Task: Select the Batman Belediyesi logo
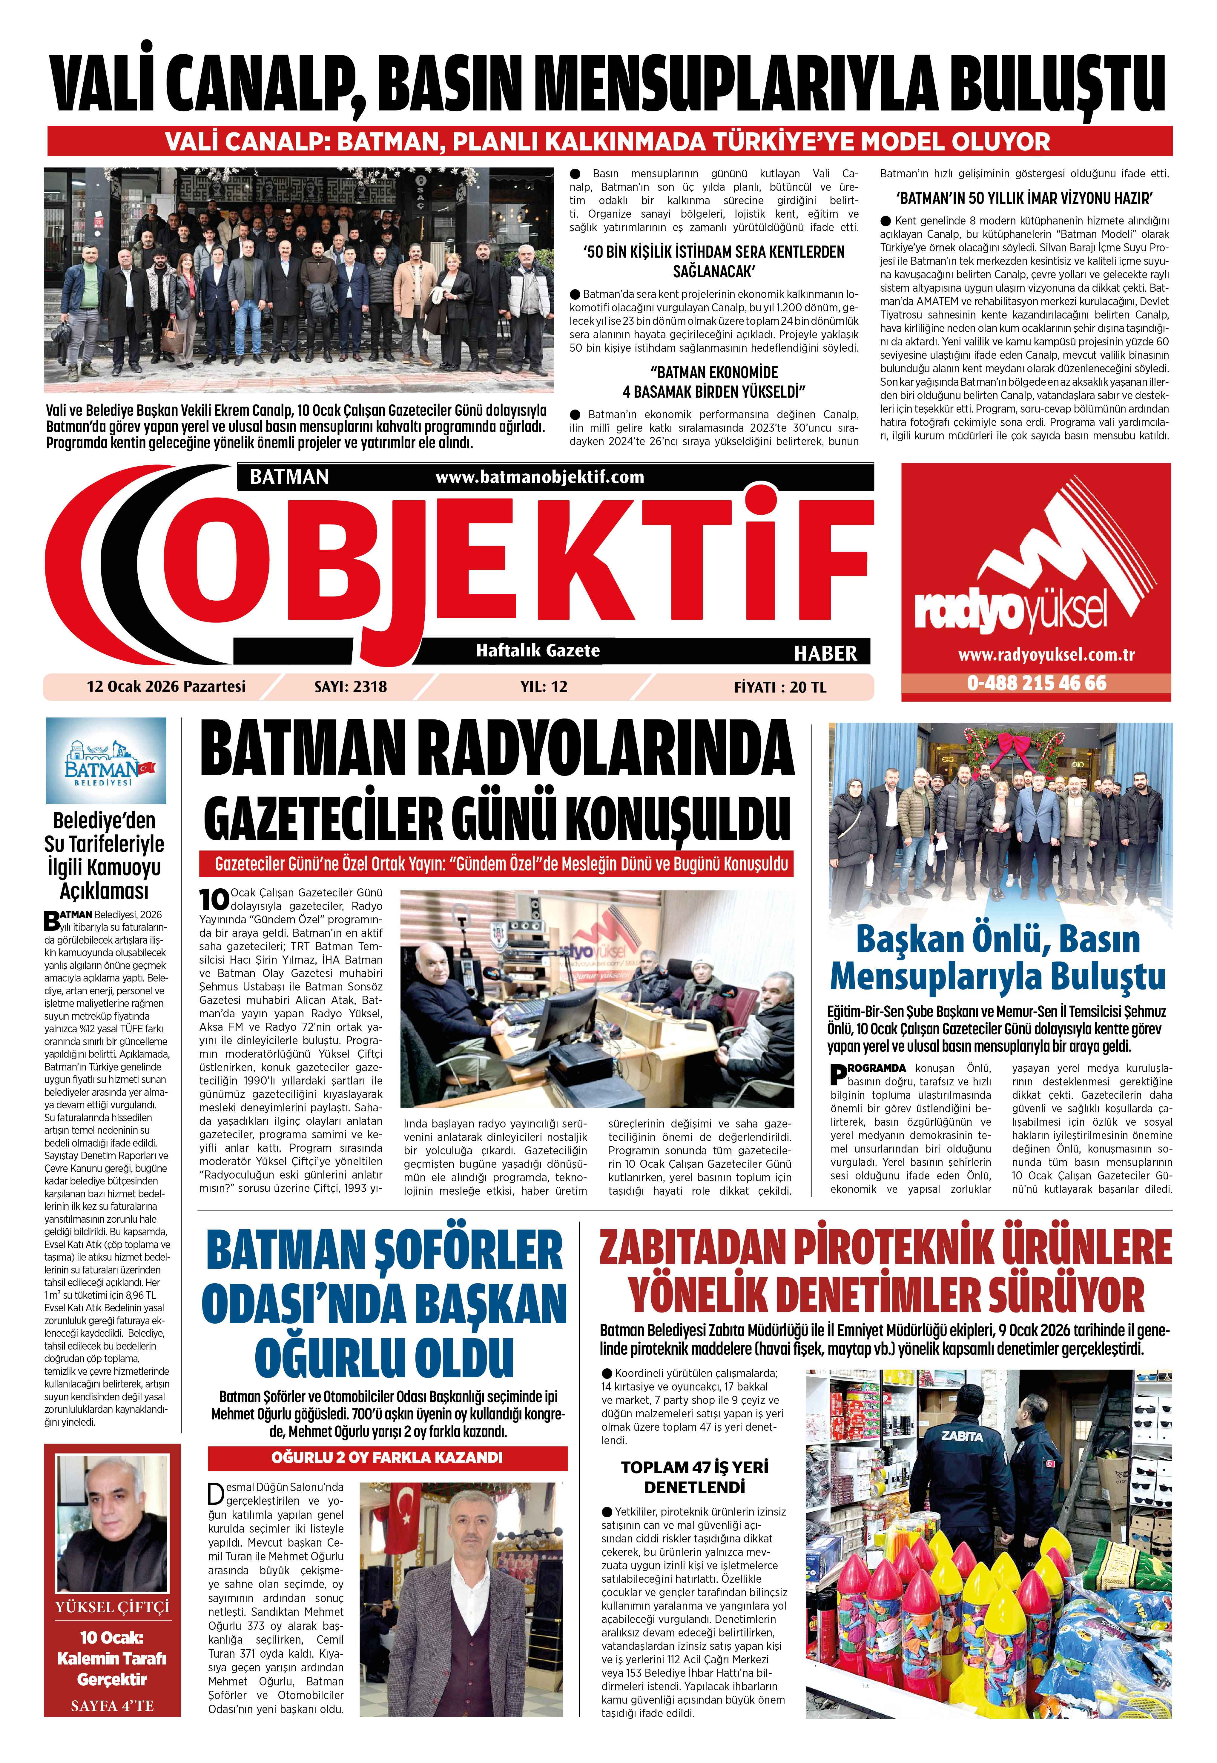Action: pyautogui.click(x=106, y=760)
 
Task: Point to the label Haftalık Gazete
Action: pyautogui.click(x=538, y=650)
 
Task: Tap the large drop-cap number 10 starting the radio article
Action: pyautogui.click(x=214, y=899)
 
